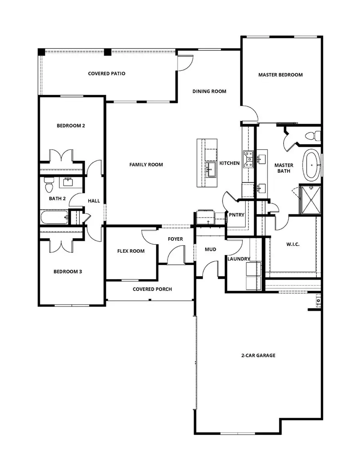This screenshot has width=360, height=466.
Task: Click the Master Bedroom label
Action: (280, 75)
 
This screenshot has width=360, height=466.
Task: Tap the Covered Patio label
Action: (107, 74)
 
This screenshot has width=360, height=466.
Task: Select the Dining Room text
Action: (209, 91)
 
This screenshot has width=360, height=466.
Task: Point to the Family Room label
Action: (146, 164)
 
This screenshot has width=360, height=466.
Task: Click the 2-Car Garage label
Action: (259, 355)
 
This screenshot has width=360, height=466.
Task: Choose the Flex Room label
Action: (131, 251)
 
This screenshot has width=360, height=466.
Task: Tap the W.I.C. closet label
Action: (293, 244)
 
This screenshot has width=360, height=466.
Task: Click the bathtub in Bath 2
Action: (53, 218)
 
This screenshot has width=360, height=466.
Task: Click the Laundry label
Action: (239, 259)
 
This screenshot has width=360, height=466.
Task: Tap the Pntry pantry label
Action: (236, 215)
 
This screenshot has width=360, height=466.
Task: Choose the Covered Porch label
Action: (152, 289)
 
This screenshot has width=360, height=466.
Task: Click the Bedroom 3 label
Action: (68, 272)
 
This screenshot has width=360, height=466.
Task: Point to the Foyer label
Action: (175, 239)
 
